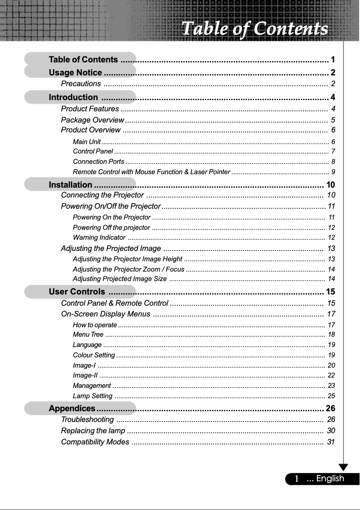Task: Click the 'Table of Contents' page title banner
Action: pos(255,29)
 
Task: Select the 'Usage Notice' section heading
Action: pos(75,73)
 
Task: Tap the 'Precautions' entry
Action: pos(81,84)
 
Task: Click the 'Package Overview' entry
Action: pos(92,120)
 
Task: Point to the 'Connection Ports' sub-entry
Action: pos(99,162)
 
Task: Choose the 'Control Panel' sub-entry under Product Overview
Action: pos(93,151)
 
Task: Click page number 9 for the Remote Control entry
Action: pos(333,172)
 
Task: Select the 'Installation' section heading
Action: pos(70,185)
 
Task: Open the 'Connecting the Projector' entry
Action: pos(102,195)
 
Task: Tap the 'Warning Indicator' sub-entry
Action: pos(99,237)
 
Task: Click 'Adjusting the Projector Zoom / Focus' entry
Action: pos(128,269)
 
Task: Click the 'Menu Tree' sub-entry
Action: pos(88,334)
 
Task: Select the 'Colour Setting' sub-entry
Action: pos(94,356)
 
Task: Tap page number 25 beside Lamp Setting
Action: pos(331,396)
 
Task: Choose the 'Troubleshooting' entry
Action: pos(87,420)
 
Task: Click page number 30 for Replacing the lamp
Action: pos(331,431)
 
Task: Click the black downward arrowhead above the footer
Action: pos(344,467)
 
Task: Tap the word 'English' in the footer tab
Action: pos(330,479)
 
